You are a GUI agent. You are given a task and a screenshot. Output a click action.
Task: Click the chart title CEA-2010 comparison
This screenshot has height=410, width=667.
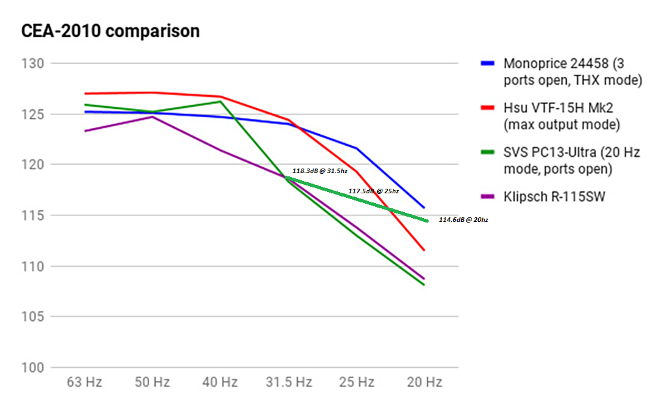pos(111,31)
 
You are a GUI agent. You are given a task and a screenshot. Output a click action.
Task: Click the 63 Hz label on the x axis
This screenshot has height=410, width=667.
pos(85,382)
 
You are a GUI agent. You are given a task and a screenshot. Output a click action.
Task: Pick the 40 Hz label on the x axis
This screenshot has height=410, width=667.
pos(220,382)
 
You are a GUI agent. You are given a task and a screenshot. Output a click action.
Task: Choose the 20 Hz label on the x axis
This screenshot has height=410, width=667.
pos(425,382)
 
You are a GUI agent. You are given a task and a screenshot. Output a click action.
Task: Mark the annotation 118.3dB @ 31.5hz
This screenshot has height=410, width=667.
pos(320,171)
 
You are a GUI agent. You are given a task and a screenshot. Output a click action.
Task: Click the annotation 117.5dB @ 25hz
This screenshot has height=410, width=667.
pos(373,191)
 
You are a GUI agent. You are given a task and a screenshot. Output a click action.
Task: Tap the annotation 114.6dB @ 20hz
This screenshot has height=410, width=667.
pos(463,220)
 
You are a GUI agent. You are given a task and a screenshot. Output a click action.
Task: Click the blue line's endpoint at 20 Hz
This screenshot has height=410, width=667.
pos(425,208)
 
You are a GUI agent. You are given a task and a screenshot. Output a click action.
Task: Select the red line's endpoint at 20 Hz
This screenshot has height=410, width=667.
pos(425,250)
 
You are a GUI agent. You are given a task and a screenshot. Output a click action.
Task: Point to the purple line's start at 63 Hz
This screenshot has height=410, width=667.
pos(85,131)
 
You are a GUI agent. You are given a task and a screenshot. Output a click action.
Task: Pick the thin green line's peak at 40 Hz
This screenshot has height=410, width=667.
pos(220,102)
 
